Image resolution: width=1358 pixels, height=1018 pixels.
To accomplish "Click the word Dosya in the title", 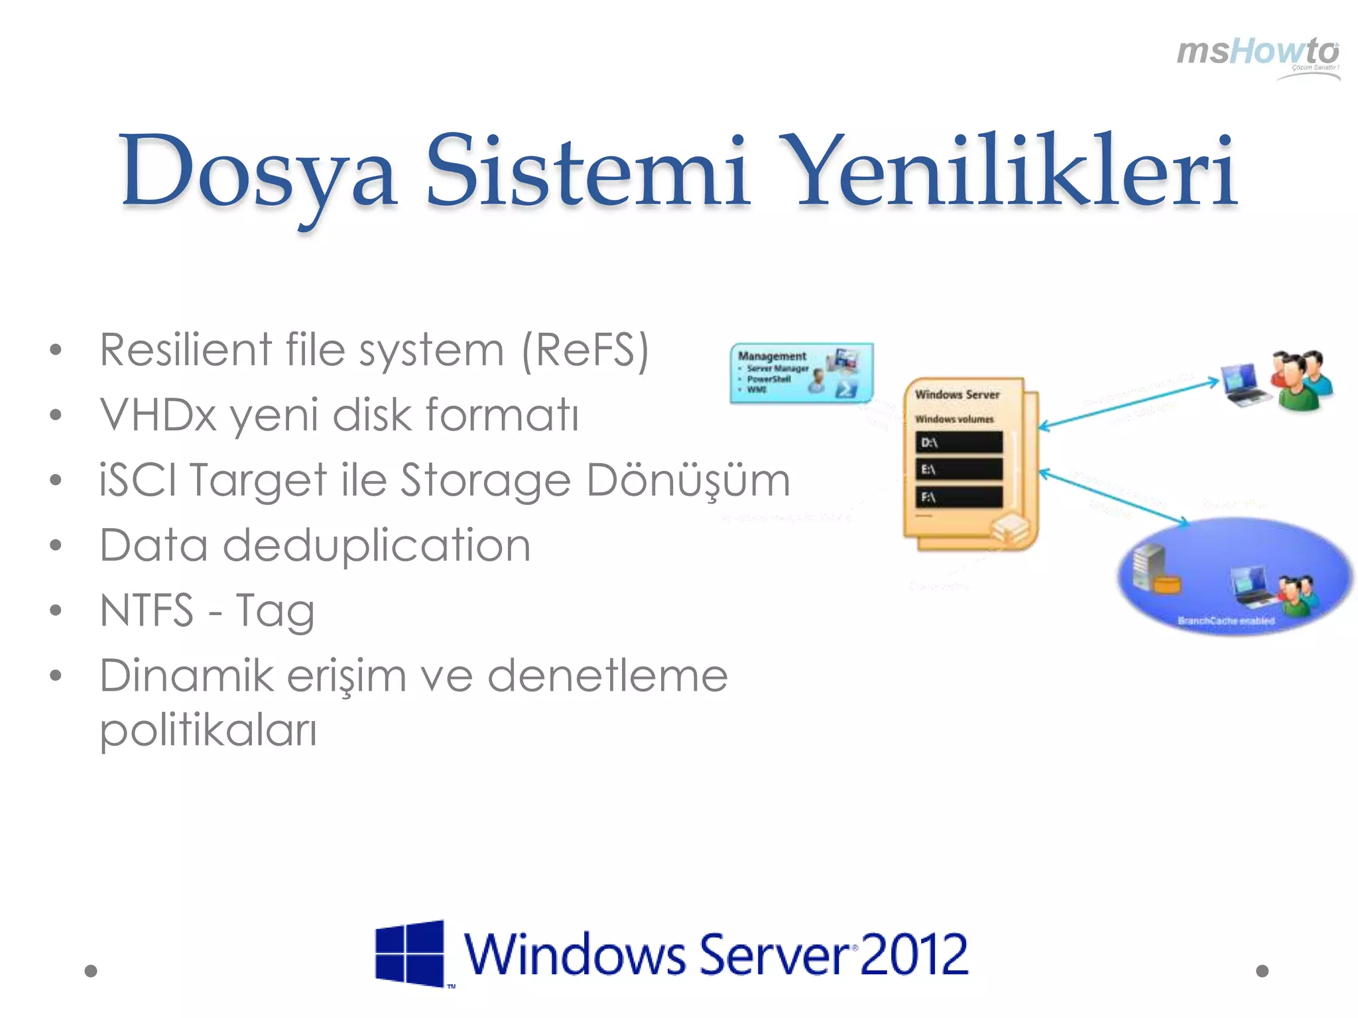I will (x=259, y=171).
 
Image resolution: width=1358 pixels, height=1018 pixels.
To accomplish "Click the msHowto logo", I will (x=1257, y=53).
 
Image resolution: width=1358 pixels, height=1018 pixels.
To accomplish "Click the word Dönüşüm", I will (x=688, y=480).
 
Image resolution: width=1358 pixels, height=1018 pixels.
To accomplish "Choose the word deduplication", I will (x=376, y=545).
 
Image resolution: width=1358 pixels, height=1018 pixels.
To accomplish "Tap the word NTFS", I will (x=146, y=610).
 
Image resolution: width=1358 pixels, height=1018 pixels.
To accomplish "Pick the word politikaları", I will (x=208, y=730).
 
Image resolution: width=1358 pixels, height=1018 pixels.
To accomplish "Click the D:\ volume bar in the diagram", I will (x=959, y=442).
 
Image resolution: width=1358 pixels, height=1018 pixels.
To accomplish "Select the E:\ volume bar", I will (x=959, y=469).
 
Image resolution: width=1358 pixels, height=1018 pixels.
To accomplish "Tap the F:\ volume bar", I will (x=959, y=496).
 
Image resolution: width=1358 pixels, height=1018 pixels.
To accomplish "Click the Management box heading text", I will (x=772, y=356).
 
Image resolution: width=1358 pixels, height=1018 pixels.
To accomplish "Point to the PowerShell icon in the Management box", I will (x=846, y=389).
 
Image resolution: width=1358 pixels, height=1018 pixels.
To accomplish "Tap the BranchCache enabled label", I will (x=1226, y=621).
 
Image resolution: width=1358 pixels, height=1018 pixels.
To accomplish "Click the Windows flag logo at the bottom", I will (x=410, y=953).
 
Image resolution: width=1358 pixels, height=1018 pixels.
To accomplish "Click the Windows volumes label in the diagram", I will (x=954, y=419).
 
